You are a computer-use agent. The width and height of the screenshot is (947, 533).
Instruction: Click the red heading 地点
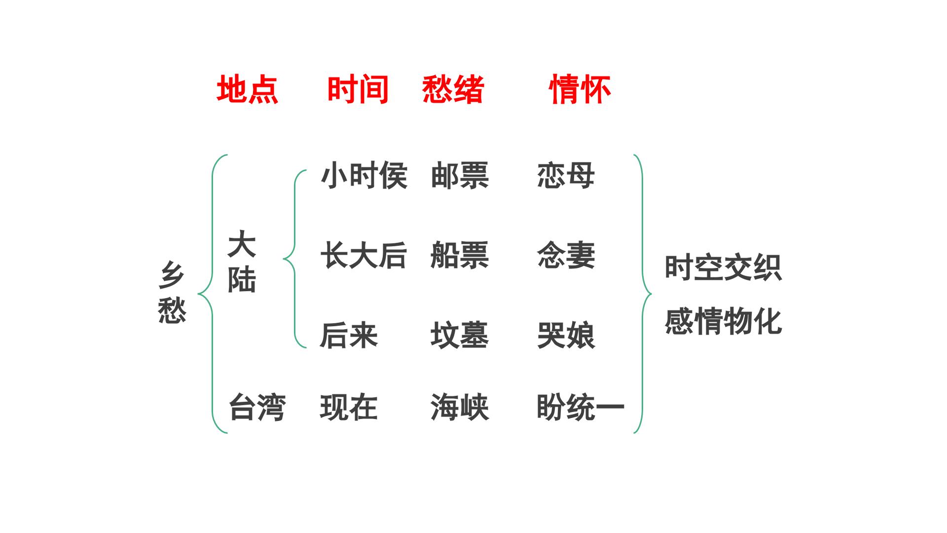pyautogui.click(x=248, y=89)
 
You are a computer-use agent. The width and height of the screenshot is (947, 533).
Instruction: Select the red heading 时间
pyautogui.click(x=358, y=89)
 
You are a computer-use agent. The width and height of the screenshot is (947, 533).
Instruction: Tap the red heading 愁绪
pyautogui.click(x=453, y=89)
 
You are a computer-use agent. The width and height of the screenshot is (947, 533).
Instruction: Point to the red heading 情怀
pyautogui.click(x=580, y=89)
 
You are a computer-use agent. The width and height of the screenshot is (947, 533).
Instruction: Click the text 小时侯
pyautogui.click(x=364, y=176)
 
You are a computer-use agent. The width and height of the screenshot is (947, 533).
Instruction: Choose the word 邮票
pyautogui.click(x=460, y=176)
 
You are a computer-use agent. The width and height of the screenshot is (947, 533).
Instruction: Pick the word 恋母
pyautogui.click(x=566, y=176)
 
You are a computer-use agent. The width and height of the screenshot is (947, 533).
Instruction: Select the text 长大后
pyautogui.click(x=364, y=256)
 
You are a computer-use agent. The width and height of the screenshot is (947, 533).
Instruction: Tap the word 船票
pyautogui.click(x=460, y=256)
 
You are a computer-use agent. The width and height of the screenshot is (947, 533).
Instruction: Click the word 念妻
pyautogui.click(x=566, y=256)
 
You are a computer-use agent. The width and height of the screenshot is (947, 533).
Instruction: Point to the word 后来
pyautogui.click(x=349, y=336)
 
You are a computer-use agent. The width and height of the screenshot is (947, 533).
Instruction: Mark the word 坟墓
pyautogui.click(x=460, y=336)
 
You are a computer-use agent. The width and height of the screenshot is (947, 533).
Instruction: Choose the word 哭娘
pyautogui.click(x=566, y=336)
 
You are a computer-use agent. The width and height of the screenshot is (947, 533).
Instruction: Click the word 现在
pyautogui.click(x=349, y=408)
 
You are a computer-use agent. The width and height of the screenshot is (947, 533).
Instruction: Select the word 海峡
pyautogui.click(x=460, y=408)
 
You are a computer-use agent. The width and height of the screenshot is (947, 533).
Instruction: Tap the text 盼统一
pyautogui.click(x=581, y=408)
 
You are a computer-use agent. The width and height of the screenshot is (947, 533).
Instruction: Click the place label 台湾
pyautogui.click(x=257, y=408)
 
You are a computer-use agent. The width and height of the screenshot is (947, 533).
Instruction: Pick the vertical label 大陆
pyautogui.click(x=242, y=262)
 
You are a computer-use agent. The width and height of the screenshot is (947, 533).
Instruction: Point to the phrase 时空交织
pyautogui.click(x=723, y=268)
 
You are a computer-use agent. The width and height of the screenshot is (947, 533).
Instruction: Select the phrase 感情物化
pyautogui.click(x=723, y=322)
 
